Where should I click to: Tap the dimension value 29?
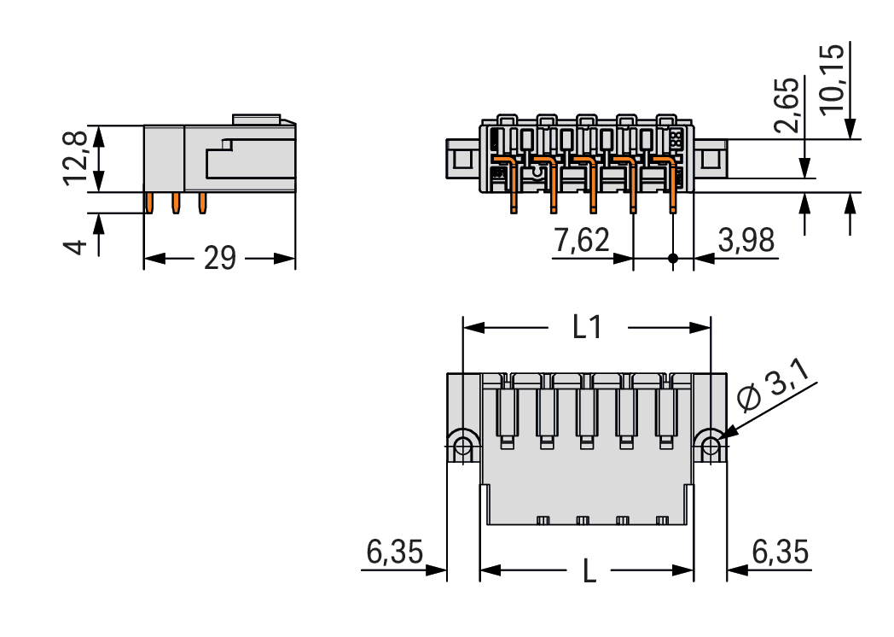click(219, 258)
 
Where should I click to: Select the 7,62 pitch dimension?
click(582, 242)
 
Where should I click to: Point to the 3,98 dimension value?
click(746, 242)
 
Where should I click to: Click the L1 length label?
click(586, 328)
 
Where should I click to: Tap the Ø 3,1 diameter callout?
click(775, 390)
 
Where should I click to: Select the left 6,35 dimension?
click(394, 553)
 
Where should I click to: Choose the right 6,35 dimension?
click(780, 553)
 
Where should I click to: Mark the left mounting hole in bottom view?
click(463, 446)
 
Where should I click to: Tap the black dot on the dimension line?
click(673, 258)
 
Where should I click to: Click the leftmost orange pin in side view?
click(150, 202)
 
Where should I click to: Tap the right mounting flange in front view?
click(710, 159)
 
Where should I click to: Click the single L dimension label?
click(589, 570)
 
